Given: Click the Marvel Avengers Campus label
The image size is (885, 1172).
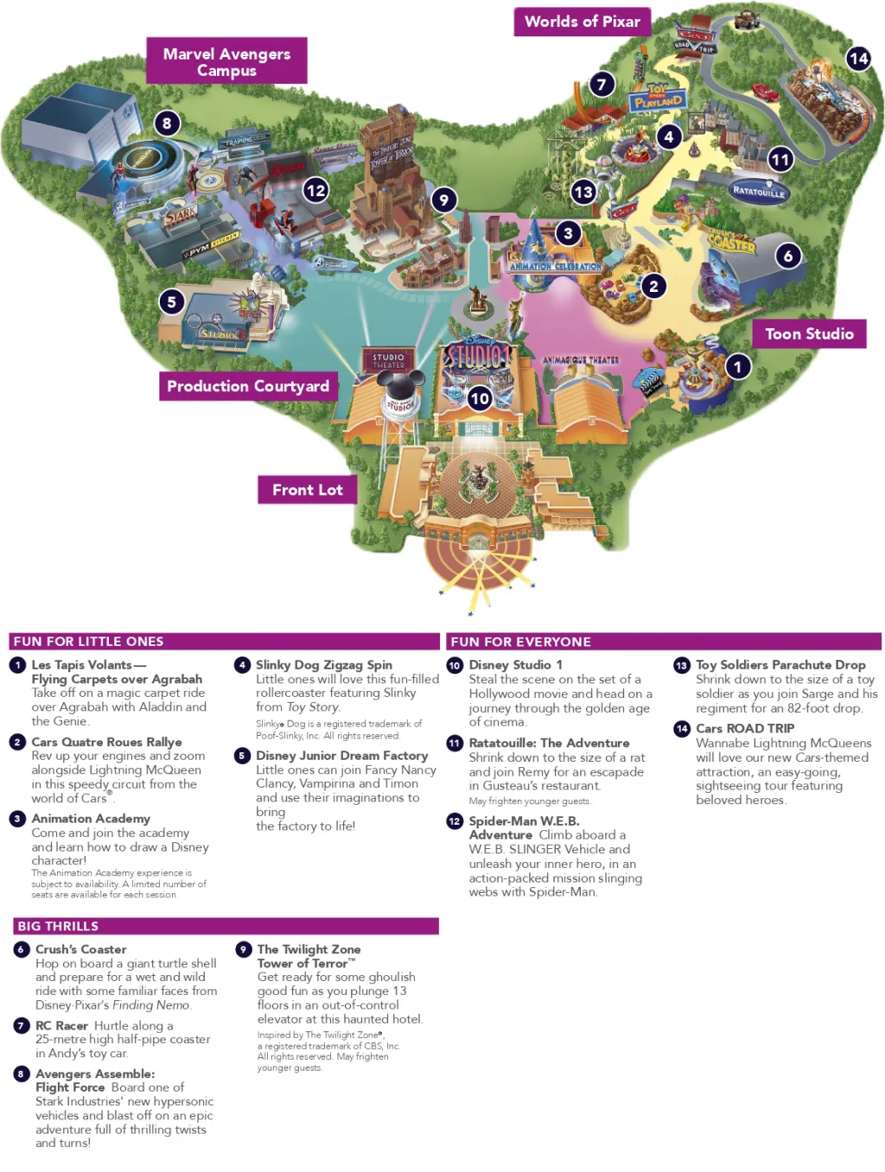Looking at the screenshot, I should click(226, 61).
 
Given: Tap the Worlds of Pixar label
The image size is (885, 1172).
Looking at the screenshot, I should click(582, 22).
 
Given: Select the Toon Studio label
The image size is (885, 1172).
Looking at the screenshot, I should click(809, 334).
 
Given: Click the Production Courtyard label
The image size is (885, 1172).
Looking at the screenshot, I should click(248, 386).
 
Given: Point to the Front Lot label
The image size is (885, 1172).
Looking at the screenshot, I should click(308, 490).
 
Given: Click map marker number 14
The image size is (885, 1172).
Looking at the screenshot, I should click(858, 59).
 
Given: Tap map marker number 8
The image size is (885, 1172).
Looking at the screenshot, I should click(167, 123).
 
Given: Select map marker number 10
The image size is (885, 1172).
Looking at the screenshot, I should click(480, 398).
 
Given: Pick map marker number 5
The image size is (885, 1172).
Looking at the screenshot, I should click(171, 301).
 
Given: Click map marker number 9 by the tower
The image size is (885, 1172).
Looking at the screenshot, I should click(443, 200).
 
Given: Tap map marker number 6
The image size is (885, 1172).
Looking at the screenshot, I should click(787, 256).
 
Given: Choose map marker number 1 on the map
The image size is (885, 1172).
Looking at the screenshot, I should click(737, 366).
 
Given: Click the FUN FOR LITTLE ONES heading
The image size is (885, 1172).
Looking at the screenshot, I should click(88, 642).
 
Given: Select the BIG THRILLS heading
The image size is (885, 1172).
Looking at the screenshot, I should click(58, 926).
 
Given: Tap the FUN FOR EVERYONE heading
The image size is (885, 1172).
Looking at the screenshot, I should click(520, 642).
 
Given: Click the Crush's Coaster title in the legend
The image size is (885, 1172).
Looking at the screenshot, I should click(80, 949).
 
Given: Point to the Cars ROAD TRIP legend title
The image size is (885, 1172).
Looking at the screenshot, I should click(744, 728).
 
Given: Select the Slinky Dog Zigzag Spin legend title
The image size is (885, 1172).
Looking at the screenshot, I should click(323, 665).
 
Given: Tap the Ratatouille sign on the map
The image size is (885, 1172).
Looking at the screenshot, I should click(759, 192).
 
